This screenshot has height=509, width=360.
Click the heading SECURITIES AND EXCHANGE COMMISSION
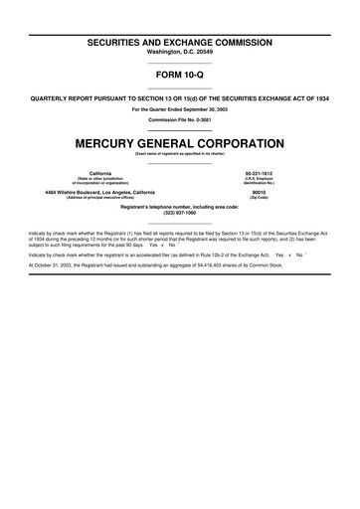(179, 44)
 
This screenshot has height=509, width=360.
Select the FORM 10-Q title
(179, 77)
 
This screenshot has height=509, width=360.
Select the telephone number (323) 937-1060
(179, 213)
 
